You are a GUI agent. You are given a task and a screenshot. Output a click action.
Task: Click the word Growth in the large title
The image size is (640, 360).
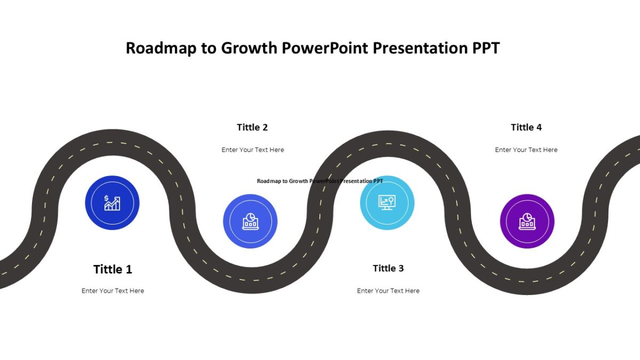tap(249, 49)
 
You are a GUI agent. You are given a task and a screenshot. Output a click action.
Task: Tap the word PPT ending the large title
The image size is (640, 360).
tap(486, 49)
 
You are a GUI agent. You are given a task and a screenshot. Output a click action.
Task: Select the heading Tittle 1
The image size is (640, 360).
tap(113, 269)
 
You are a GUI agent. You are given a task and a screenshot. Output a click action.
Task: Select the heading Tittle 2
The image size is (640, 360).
tap(252, 127)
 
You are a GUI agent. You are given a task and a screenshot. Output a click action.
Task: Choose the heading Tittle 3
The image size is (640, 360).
tap(388, 268)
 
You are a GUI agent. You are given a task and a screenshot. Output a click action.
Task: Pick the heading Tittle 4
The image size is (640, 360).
tap(526, 127)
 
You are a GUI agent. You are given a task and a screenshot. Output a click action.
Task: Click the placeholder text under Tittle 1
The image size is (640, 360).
tap(113, 291)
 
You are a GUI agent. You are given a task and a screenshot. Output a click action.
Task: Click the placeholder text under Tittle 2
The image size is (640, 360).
tap(253, 150)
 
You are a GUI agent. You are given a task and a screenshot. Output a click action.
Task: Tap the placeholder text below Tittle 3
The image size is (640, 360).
tap(388, 291)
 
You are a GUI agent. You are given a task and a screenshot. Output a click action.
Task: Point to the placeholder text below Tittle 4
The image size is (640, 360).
tap(526, 150)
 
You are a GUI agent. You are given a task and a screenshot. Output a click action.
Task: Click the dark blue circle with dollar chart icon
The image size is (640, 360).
tap(112, 203)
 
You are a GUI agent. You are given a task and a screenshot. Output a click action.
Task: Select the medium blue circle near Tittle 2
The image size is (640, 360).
tap(250, 221)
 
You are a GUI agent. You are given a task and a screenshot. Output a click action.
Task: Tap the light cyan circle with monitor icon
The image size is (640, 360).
tap(387, 203)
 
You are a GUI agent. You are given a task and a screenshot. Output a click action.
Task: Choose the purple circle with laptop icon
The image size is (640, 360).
tap(527, 221)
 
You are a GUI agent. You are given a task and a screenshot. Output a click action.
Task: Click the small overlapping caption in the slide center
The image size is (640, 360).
tap(320, 181)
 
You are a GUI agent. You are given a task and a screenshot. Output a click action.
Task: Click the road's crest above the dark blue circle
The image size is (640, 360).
tap(112, 143)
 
